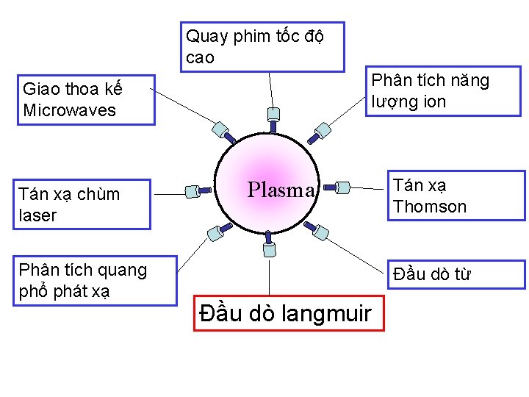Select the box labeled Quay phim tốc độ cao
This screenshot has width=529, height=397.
click(263, 47)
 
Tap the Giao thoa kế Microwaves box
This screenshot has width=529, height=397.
click(86, 100)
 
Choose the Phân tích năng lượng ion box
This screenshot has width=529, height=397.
click(443, 91)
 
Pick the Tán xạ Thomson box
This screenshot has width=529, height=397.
click(456, 196)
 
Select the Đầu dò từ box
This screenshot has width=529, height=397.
click(456, 274)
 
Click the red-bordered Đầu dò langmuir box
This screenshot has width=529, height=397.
click(289, 314)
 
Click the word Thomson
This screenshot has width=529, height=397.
click(430, 207)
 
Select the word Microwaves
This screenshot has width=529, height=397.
click(70, 110)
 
